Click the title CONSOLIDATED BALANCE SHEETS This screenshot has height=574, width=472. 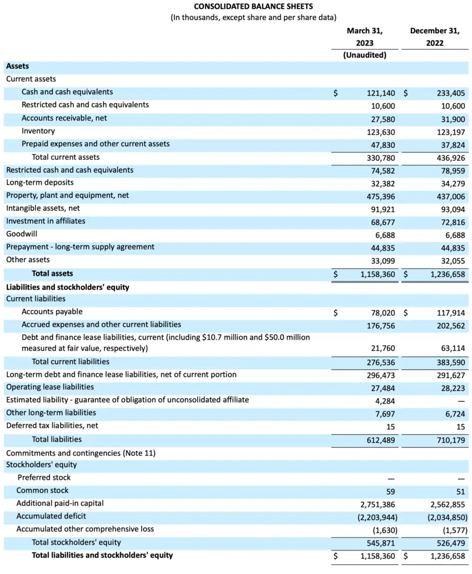coord(253,6)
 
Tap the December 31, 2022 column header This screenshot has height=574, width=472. coord(434,36)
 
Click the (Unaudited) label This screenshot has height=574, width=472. coord(364,55)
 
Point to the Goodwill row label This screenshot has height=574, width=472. coord(22,234)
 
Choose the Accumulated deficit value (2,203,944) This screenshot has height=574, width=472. coord(376,517)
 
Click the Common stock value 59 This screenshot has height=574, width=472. coord(390,491)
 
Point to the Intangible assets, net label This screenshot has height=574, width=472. coord(43,208)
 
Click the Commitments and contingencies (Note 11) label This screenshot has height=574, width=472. coord(81,452)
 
